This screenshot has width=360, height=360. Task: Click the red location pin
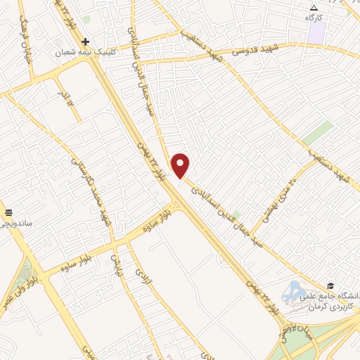point(181,165)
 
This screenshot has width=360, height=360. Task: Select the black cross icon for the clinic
point(85,41)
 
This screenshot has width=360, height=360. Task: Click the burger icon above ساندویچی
point(9,212)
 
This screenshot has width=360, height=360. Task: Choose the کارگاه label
point(314,15)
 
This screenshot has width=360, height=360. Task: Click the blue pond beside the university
point(293,290)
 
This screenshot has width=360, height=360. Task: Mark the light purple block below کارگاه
point(316,32)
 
